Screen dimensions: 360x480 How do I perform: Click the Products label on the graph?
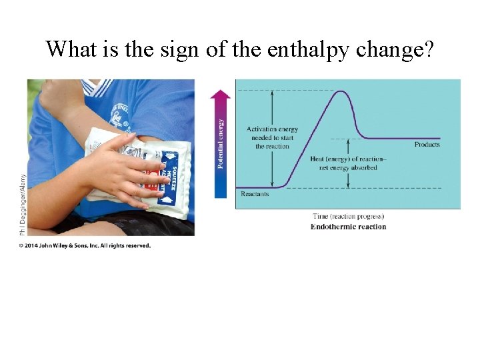click(427, 145)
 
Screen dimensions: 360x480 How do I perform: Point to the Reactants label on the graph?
click(255, 194)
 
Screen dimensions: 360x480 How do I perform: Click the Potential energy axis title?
click(221, 143)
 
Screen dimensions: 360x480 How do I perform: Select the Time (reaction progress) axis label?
click(348, 217)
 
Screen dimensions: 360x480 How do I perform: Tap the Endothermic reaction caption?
click(348, 227)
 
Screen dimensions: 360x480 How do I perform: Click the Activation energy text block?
click(272, 137)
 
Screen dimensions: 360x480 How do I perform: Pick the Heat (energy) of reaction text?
click(347, 163)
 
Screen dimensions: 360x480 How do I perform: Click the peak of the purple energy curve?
click(341, 91)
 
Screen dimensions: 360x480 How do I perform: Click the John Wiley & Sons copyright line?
click(85, 245)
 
